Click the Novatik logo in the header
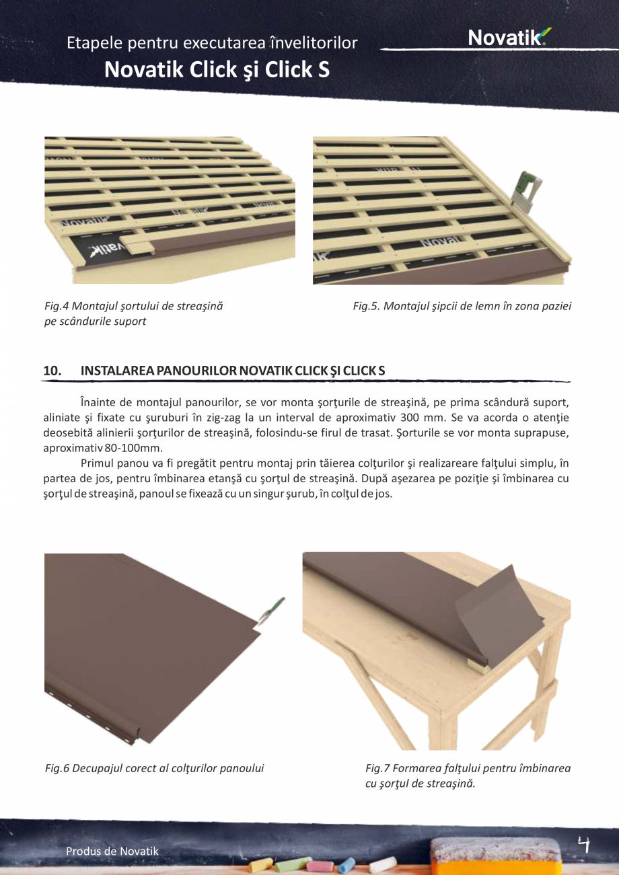(509, 37)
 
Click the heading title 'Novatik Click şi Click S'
(217, 69)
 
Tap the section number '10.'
(52, 371)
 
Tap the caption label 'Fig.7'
(378, 768)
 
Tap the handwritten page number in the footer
(584, 844)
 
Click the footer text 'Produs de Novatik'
(112, 851)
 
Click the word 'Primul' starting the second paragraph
(97, 463)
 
